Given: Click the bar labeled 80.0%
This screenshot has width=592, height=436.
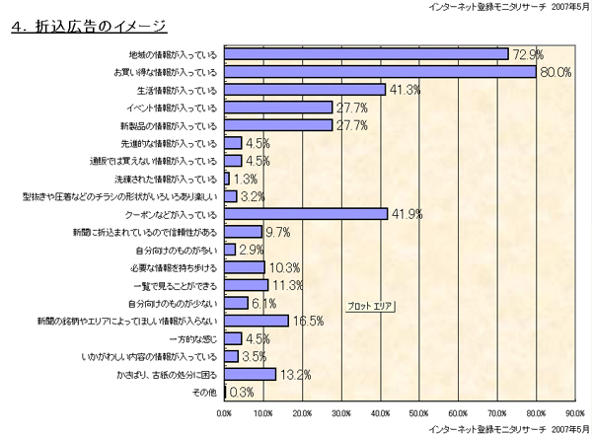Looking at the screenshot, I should coord(380,71).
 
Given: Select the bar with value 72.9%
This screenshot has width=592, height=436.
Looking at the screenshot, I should coord(366,53).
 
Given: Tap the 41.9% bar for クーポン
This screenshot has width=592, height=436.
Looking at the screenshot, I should coord(306,213).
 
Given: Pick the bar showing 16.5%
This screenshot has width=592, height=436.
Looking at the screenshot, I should coord(257,321).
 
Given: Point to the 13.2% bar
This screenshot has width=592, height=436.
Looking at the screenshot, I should coord(251,374).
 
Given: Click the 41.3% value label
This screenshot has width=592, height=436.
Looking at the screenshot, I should coord(403,90).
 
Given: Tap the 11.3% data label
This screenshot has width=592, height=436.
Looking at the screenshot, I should coord(286,285).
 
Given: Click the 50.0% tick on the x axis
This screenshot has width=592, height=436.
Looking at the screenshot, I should coord(418,412).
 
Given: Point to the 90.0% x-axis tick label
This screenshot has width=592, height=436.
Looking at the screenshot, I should coord(574,412).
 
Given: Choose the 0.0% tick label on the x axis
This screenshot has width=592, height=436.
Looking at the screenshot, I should coord(225,412).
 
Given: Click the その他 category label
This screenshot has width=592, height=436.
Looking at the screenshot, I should coord(204,393).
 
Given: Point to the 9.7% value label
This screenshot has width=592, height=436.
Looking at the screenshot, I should coord(278,232).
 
